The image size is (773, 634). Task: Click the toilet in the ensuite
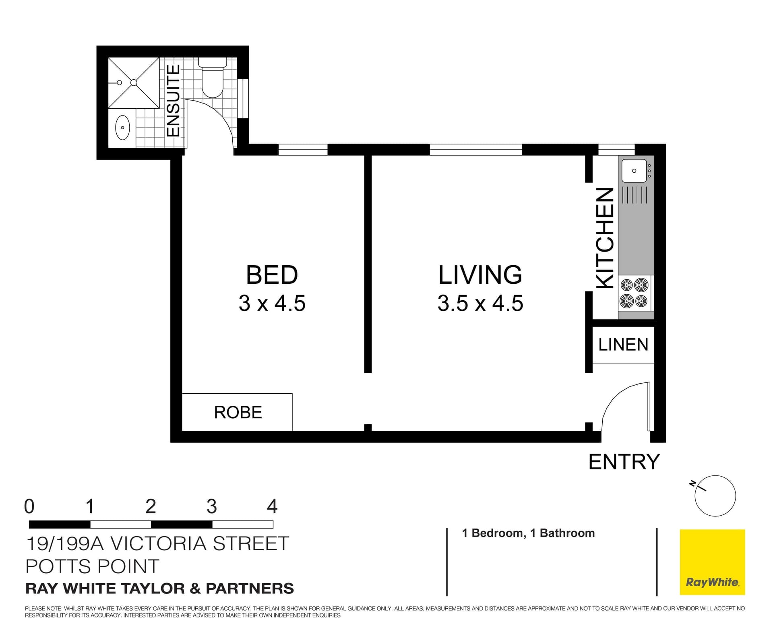coord(212,80)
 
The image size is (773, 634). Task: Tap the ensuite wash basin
coord(122,128)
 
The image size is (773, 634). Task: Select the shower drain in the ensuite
coord(134,83)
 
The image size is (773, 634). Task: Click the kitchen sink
coord(634,171)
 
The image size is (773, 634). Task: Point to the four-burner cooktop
coord(634,293)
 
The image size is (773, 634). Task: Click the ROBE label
coord(238,412)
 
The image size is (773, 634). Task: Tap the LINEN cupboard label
coord(623,345)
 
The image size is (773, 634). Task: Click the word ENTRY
coord(624,462)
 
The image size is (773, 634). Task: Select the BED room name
coord(272,275)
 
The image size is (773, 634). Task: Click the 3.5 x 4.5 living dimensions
coord(480,303)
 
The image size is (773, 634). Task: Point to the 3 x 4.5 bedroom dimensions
coord(272,303)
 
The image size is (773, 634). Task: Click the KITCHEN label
coord(605,238)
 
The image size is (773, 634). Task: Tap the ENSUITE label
coord(173,101)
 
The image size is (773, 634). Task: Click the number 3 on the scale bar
coord(212,506)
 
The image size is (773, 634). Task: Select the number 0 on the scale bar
coord(29,506)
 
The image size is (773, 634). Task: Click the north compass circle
coord(715,496)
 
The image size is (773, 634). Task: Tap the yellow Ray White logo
coord(712,562)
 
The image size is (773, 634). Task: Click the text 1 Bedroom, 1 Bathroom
coord(528,533)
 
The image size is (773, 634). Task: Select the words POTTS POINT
coord(92,566)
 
